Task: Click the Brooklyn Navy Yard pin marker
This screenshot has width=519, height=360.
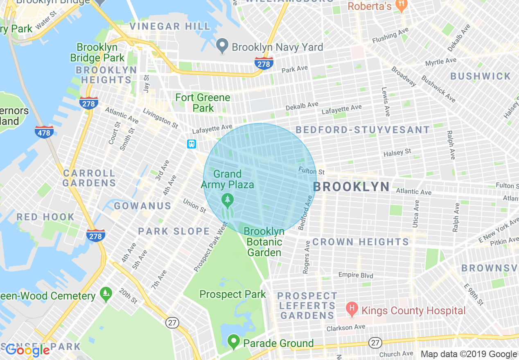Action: tap(222, 46)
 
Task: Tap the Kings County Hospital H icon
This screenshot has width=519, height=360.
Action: tap(351, 309)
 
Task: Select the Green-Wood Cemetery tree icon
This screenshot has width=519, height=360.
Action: tap(106, 294)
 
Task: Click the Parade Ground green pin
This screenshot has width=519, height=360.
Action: tap(234, 341)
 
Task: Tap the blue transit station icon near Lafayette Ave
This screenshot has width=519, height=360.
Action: tap(192, 144)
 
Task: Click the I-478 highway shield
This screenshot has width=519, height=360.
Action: tap(44, 132)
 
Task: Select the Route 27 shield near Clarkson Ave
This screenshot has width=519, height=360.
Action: tap(375, 342)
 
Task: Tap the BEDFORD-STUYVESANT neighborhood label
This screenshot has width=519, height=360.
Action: tap(363, 130)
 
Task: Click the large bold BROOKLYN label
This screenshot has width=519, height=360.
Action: tap(351, 187)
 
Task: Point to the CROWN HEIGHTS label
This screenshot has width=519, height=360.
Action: tap(361, 242)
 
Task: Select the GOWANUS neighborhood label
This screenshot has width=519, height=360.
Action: tap(142, 206)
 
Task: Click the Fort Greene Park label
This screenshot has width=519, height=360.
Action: tap(203, 103)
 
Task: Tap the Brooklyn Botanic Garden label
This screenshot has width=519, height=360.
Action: tap(264, 242)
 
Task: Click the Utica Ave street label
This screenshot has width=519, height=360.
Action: tap(416, 214)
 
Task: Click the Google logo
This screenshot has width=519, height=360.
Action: tap(27, 350)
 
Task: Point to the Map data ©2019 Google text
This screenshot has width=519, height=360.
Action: tap(469, 354)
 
